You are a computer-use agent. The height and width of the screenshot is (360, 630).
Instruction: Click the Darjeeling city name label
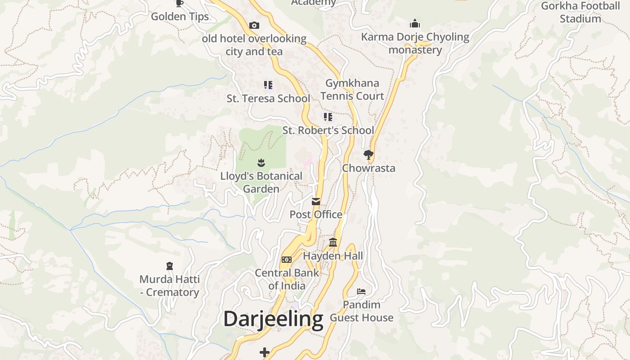[x=273, y=319]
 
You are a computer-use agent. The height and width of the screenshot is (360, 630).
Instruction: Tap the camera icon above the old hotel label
[x=254, y=25]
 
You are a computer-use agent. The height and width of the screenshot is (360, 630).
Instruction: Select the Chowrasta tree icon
[x=369, y=155]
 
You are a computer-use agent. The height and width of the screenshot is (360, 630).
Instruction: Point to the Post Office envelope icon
[x=316, y=201]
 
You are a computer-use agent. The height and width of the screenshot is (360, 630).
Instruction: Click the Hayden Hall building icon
[x=333, y=243]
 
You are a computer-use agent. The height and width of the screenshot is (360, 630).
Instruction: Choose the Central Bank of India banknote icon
[x=287, y=260]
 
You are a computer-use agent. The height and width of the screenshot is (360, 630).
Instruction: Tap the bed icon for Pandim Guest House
[x=361, y=292]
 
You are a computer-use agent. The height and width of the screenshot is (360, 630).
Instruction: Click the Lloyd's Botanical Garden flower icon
[x=261, y=162]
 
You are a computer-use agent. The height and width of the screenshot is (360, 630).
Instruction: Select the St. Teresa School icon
[x=268, y=85]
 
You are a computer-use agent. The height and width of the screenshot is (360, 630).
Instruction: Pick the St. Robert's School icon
[x=328, y=117]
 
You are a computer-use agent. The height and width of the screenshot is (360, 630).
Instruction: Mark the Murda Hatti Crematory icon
[x=170, y=266]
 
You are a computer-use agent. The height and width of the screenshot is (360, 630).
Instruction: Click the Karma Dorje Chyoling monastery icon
[x=415, y=23]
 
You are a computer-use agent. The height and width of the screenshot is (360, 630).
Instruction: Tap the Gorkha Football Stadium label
[x=580, y=12]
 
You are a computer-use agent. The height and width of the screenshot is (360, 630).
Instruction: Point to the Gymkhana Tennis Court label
[x=352, y=90]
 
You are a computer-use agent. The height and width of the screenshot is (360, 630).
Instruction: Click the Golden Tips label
[x=180, y=17]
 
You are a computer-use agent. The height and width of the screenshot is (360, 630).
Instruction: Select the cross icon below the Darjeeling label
[x=265, y=352]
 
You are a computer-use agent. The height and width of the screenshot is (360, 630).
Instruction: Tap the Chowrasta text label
[x=369, y=168]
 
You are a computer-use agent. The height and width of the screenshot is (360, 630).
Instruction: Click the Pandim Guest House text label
[x=362, y=311]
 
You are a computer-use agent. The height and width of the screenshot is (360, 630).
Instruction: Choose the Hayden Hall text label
[x=333, y=256]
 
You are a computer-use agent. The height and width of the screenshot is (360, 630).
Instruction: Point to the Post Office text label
[x=316, y=215]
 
